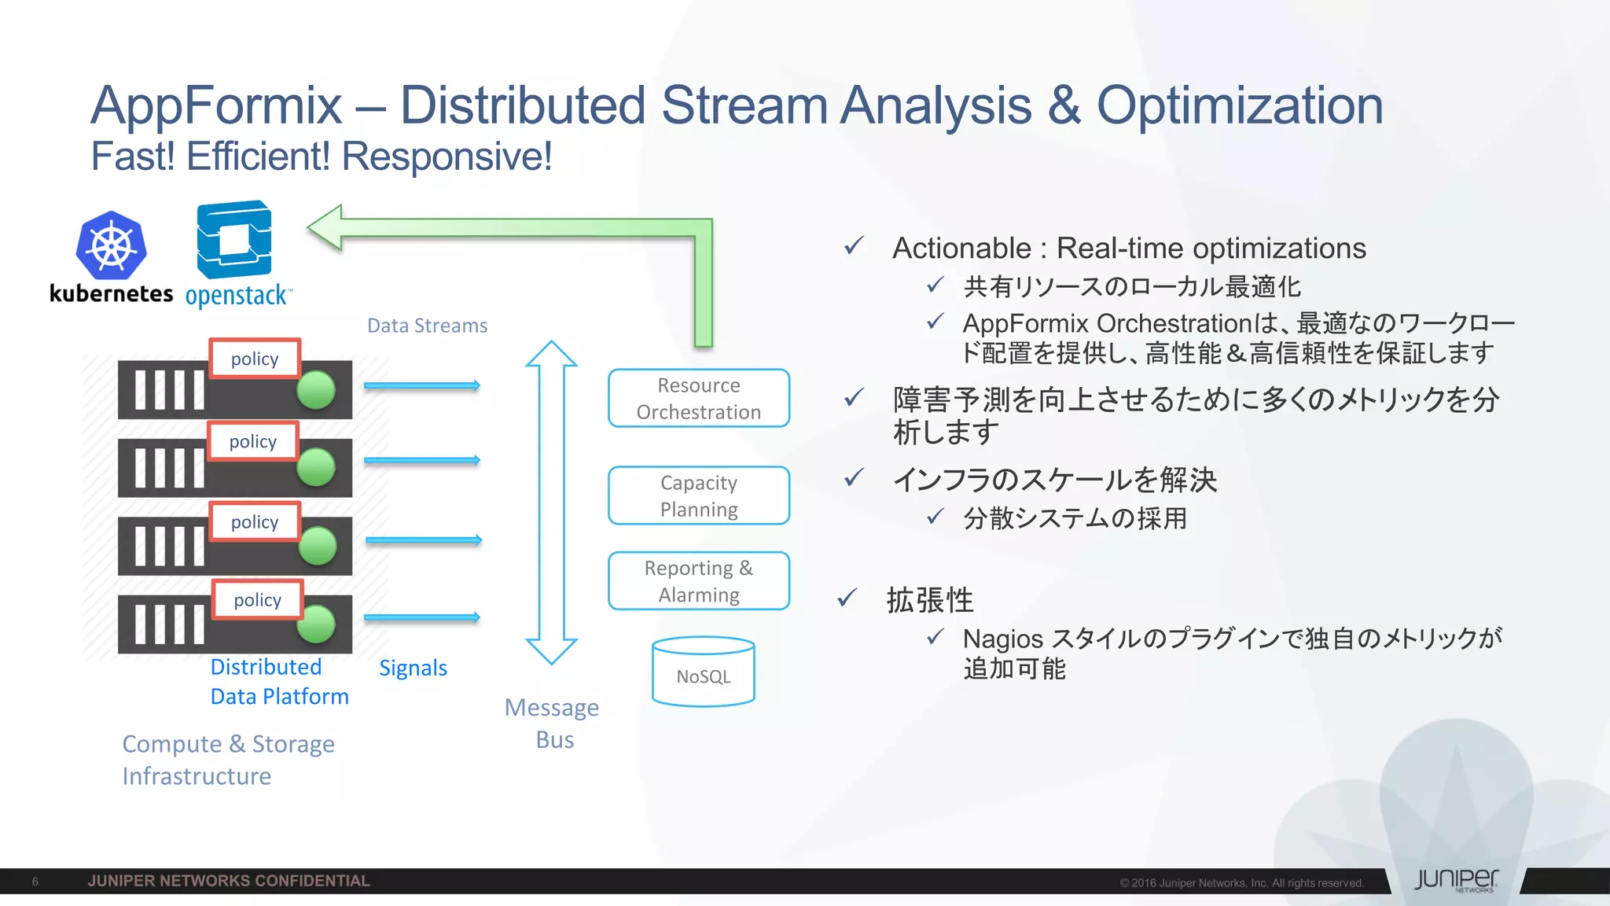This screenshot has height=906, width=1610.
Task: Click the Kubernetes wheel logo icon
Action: pos(111,245)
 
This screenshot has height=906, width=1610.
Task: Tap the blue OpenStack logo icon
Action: pos(233,240)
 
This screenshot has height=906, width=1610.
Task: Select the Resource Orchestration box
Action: pos(698,398)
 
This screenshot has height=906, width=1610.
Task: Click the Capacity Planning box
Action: pos(698,495)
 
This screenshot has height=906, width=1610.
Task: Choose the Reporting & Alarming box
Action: pos(698,580)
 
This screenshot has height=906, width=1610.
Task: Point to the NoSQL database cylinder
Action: pos(703,672)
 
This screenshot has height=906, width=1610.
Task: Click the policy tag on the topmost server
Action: pos(255,359)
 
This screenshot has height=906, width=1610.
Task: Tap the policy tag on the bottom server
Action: pos(257,600)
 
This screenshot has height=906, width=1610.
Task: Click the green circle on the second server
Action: pos(316,467)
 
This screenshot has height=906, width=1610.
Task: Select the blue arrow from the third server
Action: pos(423,540)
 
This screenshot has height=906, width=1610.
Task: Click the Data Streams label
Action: pos(427,326)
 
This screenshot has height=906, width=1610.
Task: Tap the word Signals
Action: pos(413,668)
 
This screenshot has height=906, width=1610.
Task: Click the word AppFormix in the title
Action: pos(216,105)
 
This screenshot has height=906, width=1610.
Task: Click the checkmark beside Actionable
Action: pos(854,246)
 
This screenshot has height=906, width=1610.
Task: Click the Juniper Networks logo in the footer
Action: pos(1456,880)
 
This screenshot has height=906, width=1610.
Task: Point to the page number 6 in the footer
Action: pos(35,882)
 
